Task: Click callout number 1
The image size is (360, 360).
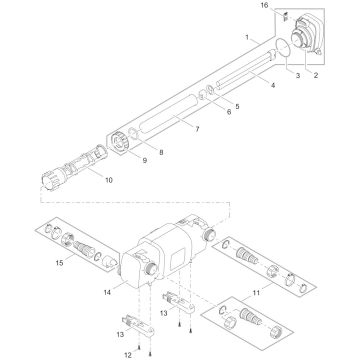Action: [247, 37]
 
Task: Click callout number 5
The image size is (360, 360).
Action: [236, 106]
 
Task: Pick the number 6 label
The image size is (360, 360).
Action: [227, 113]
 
